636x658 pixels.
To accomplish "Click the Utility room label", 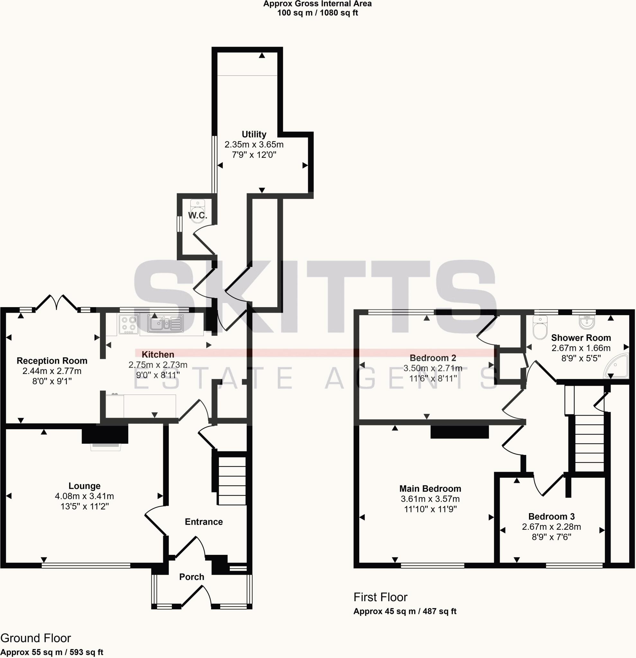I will (254, 134).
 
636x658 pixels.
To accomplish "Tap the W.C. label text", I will (197, 215).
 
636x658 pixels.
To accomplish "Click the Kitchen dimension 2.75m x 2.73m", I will (158, 365).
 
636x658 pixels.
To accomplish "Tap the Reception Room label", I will (52, 360).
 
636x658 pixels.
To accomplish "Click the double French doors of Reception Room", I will (57, 302).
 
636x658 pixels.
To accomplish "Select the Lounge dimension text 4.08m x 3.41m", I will (84, 496).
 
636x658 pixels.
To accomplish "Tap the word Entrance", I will (204, 522).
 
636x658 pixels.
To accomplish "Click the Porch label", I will (192, 577).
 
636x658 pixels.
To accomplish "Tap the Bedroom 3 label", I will (551, 516).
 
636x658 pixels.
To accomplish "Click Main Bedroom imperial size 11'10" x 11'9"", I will (430, 509).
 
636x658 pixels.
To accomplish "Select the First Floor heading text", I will (381, 597).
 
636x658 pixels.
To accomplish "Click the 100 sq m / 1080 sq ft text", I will (317, 13).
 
